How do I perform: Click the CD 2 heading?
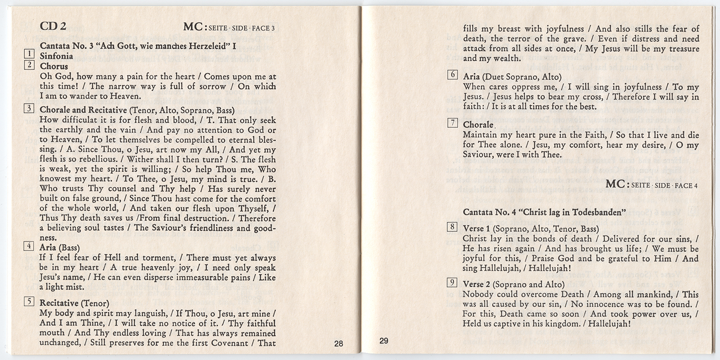tap(53, 26)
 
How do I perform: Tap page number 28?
tap(338, 344)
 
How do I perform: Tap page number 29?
tap(383, 341)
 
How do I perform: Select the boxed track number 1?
tap(29, 54)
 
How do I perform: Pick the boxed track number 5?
tap(29, 301)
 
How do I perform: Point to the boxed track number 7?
tap(453, 123)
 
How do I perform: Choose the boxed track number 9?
tap(453, 283)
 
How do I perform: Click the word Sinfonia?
tap(56, 56)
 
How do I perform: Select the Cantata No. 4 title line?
tap(544, 211)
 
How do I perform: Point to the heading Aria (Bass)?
tap(59, 247)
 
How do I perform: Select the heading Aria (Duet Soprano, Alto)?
tap(512, 77)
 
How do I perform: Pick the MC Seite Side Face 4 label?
tap(652, 184)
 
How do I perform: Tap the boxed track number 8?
tap(453, 227)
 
